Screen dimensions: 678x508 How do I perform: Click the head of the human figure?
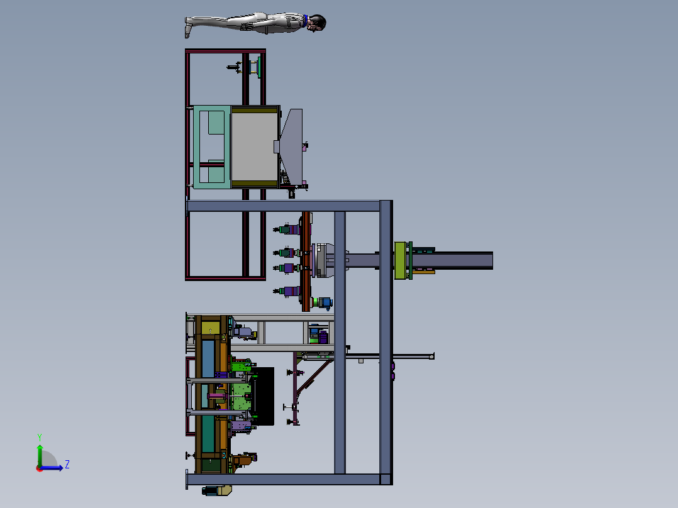[318, 23]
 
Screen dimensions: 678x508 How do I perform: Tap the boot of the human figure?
[187, 28]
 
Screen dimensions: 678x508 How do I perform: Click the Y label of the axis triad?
[40, 437]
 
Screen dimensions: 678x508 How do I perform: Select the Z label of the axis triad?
[67, 465]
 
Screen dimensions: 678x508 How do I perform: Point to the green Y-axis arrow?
[40, 455]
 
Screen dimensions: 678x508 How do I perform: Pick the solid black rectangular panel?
[263, 396]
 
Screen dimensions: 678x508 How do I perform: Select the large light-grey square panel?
[255, 147]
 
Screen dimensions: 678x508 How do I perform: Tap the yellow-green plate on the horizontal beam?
[400, 260]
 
